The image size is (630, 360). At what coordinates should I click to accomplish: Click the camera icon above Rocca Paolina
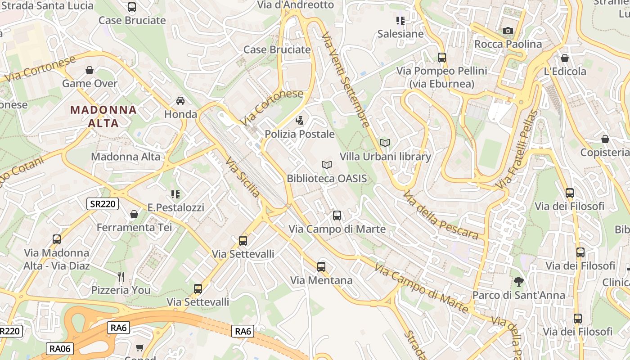tap(508, 31)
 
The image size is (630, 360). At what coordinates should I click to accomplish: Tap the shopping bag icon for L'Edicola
tap(565, 58)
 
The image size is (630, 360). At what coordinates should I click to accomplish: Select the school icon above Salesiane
tap(400, 20)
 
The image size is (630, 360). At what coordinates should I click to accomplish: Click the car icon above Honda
tap(180, 100)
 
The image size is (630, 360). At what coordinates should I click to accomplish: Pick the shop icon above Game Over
tap(90, 70)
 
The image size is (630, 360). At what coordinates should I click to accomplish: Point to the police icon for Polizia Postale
tap(299, 120)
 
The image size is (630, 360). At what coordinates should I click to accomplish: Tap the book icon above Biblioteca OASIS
tap(327, 165)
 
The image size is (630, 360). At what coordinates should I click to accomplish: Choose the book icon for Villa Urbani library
tap(385, 143)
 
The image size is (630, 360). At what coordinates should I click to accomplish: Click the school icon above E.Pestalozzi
tap(175, 194)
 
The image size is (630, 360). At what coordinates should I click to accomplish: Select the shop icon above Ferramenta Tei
tap(134, 214)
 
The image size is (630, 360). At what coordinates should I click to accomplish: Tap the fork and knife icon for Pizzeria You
tap(121, 276)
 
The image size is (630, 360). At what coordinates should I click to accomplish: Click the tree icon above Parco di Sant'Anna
tap(518, 282)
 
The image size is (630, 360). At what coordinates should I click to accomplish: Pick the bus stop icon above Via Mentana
tap(321, 267)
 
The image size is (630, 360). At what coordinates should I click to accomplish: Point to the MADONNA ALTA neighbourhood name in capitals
tap(103, 116)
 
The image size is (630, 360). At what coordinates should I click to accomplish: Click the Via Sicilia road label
tap(243, 177)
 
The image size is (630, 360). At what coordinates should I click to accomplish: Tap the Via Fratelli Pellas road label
tap(517, 149)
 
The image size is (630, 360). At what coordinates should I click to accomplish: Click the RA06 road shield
tap(60, 348)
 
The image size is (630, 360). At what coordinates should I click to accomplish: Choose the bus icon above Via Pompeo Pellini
tap(441, 58)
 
